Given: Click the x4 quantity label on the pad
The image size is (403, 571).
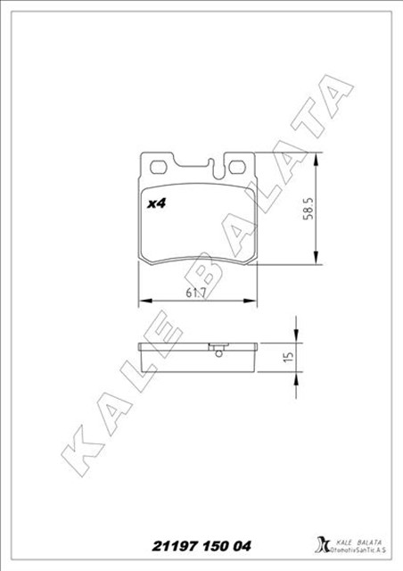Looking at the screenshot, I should tap(157, 203).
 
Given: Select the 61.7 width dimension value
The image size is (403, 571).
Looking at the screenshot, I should tap(197, 293).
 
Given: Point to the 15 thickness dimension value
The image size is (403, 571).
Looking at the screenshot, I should tap(287, 357).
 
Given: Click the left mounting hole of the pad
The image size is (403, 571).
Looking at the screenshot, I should tap(160, 166).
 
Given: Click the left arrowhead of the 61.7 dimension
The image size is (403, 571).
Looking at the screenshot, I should tap(143, 301).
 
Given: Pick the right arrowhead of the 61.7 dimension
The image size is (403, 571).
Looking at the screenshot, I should tap(253, 301).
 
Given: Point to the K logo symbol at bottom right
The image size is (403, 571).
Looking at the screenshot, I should tap(322, 543).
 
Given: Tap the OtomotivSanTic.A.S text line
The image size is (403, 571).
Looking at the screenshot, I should tap(358, 549).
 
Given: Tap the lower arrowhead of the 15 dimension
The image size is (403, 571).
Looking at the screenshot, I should tap(296, 373).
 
